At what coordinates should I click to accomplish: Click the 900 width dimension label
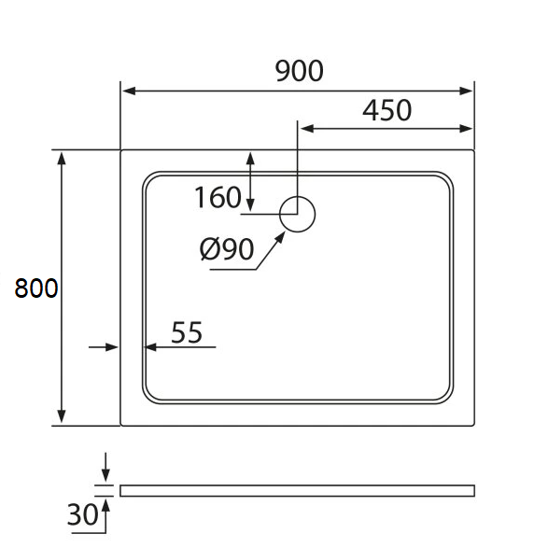[x=299, y=71]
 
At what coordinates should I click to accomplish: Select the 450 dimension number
[x=386, y=110]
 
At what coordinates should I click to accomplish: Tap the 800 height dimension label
[x=36, y=288]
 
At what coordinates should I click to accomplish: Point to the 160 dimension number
[x=218, y=198]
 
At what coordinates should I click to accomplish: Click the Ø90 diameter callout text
[x=227, y=249]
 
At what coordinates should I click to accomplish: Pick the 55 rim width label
[x=187, y=332]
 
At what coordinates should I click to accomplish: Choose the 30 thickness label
[x=83, y=514]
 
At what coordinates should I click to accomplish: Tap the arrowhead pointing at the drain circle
[x=280, y=238]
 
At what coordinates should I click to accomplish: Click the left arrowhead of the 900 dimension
[x=129, y=91]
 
